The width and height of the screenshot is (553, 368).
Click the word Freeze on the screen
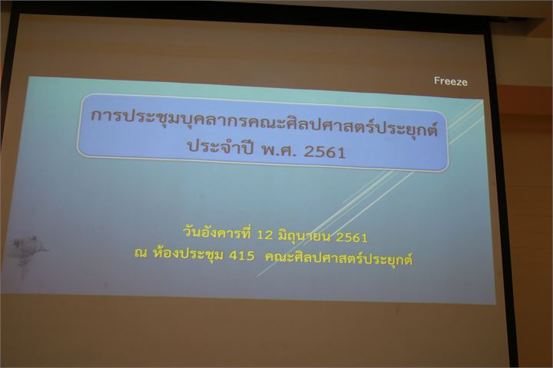450,81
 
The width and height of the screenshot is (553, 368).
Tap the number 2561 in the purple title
324,152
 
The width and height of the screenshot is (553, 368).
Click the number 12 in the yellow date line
264,234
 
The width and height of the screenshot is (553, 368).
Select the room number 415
242,255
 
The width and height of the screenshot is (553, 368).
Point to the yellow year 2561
352,238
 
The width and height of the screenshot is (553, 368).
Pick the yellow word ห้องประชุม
188,254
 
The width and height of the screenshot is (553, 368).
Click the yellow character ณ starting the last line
141,253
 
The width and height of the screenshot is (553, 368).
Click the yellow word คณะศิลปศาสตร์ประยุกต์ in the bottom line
339,259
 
